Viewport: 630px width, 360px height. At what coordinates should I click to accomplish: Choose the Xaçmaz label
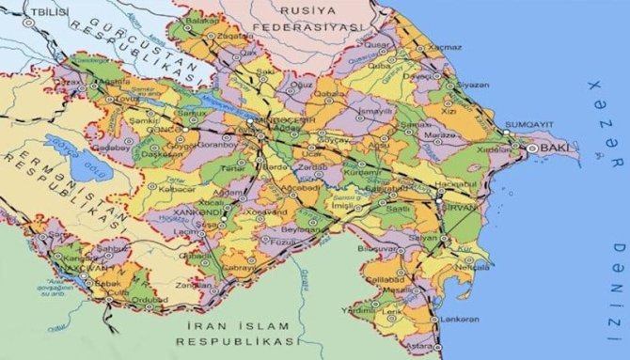pos(443,46)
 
